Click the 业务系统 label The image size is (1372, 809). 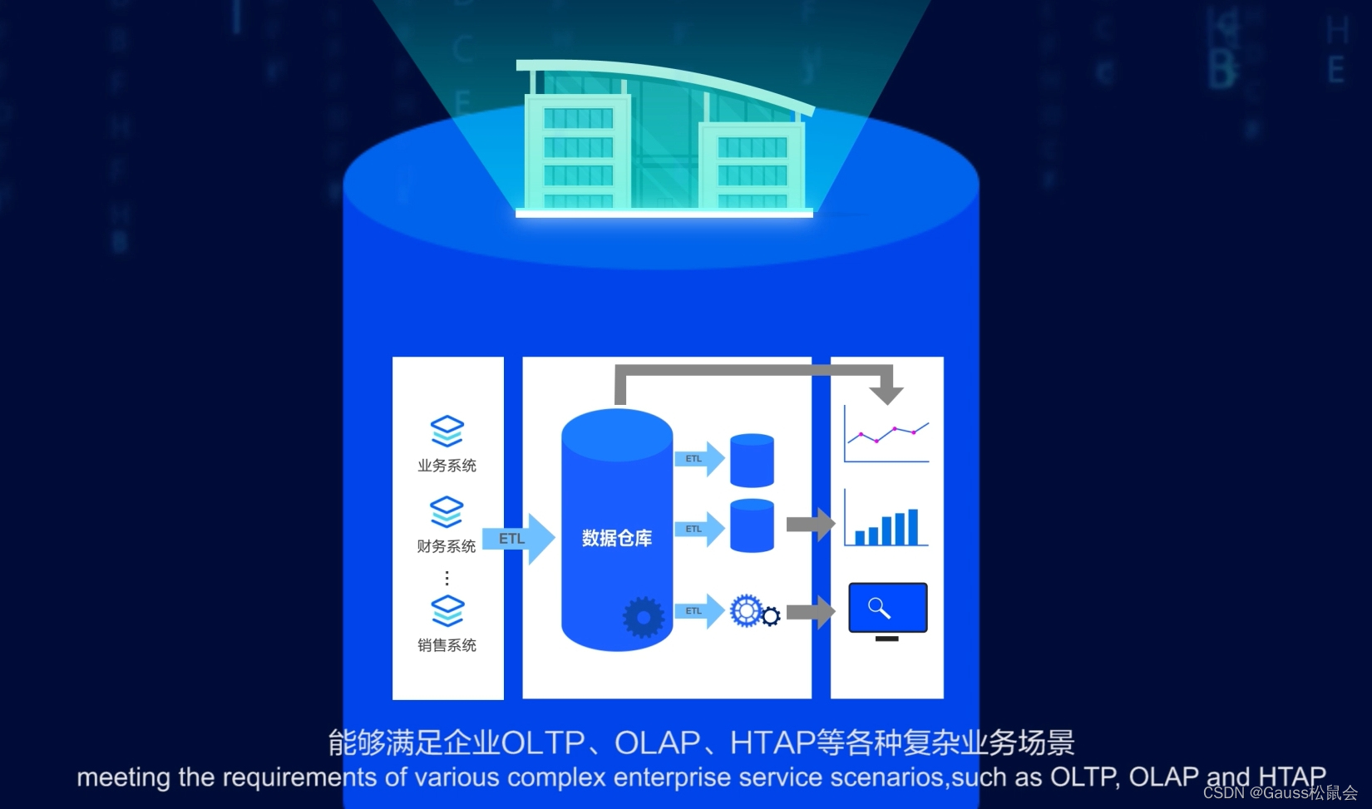(447, 466)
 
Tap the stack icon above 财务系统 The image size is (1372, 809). (447, 511)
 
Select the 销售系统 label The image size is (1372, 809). (447, 645)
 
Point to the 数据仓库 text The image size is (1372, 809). (616, 538)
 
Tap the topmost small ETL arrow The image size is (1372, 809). (698, 459)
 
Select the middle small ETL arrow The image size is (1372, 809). (698, 529)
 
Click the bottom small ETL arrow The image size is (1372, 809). (698, 611)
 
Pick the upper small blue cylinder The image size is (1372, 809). (752, 460)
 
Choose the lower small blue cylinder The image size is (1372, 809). (752, 525)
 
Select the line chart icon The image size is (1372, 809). (886, 434)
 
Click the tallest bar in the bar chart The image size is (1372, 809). (913, 526)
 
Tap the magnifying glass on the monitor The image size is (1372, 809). (879, 608)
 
